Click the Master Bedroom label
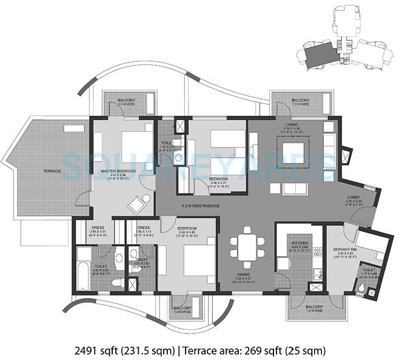tap(118, 172)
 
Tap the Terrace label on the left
tap(52, 171)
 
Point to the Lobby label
tap(355, 197)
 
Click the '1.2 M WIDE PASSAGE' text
tap(201, 206)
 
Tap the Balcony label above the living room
tap(300, 100)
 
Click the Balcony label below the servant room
tap(314, 307)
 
